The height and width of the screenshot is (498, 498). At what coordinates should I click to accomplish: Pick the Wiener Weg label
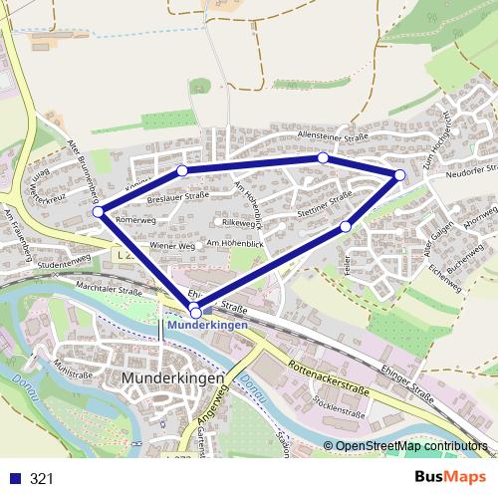click(x=168, y=245)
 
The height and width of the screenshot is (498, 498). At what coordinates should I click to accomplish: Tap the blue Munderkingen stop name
click(x=207, y=325)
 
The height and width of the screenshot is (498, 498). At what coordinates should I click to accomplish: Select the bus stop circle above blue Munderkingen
click(x=194, y=313)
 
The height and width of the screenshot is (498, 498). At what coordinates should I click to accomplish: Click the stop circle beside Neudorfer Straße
click(x=399, y=175)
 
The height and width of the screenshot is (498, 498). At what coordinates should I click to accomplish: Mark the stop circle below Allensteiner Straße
click(x=323, y=157)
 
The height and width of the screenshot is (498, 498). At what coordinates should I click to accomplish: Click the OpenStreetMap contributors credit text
click(x=411, y=446)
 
